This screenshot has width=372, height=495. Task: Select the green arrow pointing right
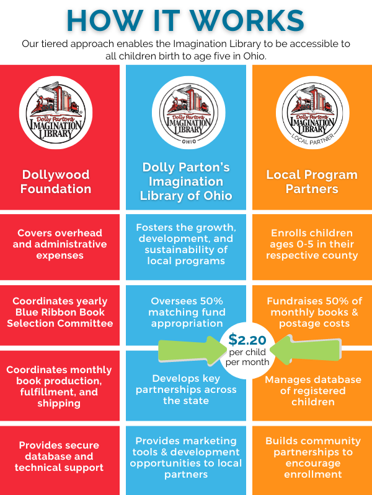coord(189,350)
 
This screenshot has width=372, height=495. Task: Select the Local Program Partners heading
coord(312,181)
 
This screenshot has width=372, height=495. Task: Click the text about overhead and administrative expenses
coord(62,244)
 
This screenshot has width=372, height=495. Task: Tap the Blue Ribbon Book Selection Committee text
coord(61,312)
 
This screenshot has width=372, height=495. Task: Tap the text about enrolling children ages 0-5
coord(312,244)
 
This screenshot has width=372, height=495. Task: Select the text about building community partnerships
coord(312,457)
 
